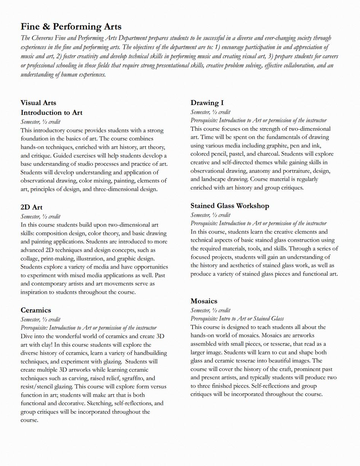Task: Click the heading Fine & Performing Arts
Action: click(71, 27)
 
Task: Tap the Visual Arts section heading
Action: click(38, 103)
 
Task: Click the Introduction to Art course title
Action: click(51, 113)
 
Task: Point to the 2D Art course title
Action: click(32, 207)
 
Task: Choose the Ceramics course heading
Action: click(36, 310)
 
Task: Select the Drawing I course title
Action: click(207, 103)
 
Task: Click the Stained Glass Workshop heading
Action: click(230, 206)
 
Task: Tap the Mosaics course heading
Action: click(204, 301)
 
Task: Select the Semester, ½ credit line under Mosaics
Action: click(210, 310)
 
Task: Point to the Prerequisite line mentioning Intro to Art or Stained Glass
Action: click(237, 319)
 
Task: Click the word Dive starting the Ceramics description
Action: click(27, 336)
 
